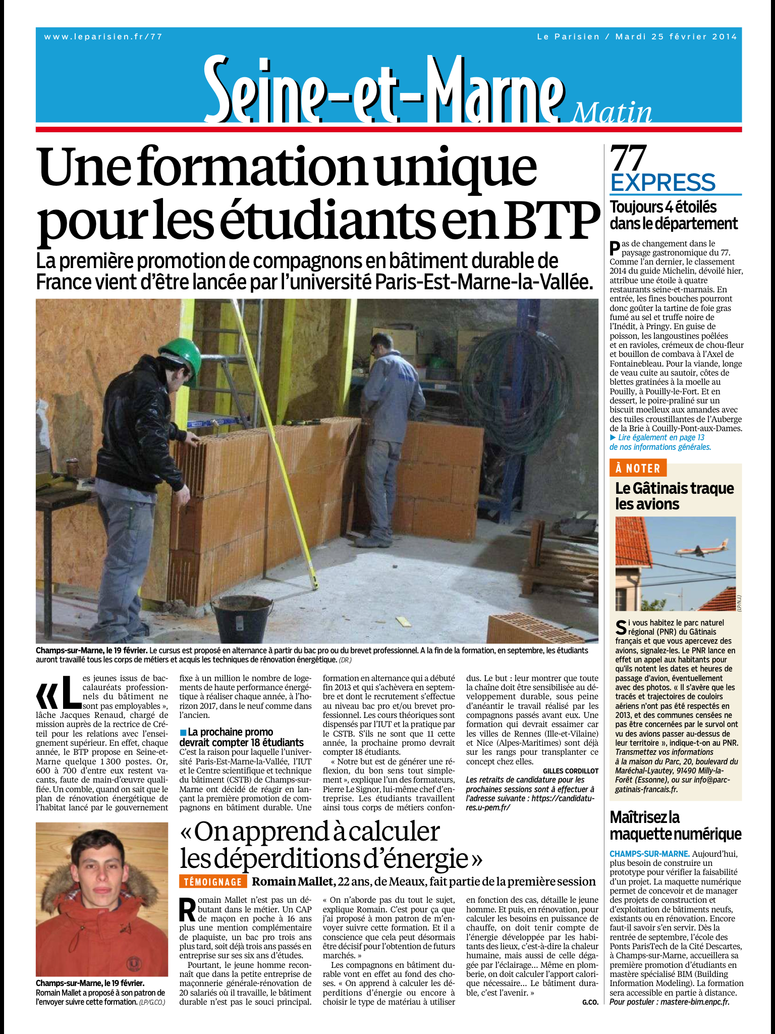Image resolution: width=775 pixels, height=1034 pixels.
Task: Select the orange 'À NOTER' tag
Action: pos(638,468)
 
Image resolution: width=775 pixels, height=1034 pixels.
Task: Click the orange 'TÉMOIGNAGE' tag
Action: pos(213,882)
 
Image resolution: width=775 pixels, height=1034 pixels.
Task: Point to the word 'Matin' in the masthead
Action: pos(612,113)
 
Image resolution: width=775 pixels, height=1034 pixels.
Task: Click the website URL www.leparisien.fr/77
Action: pos(103,36)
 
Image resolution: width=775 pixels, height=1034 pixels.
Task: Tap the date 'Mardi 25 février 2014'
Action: pos(676,36)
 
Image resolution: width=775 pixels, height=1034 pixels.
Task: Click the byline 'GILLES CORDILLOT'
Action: pos(570,771)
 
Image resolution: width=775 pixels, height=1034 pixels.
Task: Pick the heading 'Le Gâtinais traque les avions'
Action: pos(674,496)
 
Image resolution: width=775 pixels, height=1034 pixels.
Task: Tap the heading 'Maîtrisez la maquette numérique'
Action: pos(675,825)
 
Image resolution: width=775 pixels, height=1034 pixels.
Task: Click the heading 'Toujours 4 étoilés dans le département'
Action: pos(673,215)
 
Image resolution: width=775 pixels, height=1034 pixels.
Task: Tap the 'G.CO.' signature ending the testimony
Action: pos(589,1002)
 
